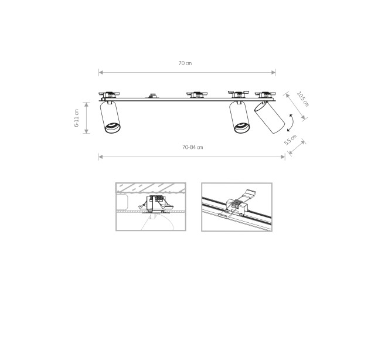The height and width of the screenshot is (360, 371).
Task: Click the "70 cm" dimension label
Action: (185, 63)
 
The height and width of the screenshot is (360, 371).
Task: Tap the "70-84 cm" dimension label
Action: (193, 147)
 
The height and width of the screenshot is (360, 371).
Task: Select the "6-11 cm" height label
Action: (77, 118)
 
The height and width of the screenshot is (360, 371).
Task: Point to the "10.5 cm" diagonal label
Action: (303, 99)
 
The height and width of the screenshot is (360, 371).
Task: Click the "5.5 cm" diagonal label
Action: (290, 140)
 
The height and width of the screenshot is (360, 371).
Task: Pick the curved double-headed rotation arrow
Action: (291, 123)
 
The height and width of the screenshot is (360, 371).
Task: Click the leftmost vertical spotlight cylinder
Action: (110, 117)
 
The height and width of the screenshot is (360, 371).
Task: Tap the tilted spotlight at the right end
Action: (270, 117)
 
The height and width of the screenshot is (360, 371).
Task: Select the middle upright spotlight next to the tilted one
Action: (239, 117)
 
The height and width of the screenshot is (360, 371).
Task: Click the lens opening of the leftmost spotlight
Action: (113, 128)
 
